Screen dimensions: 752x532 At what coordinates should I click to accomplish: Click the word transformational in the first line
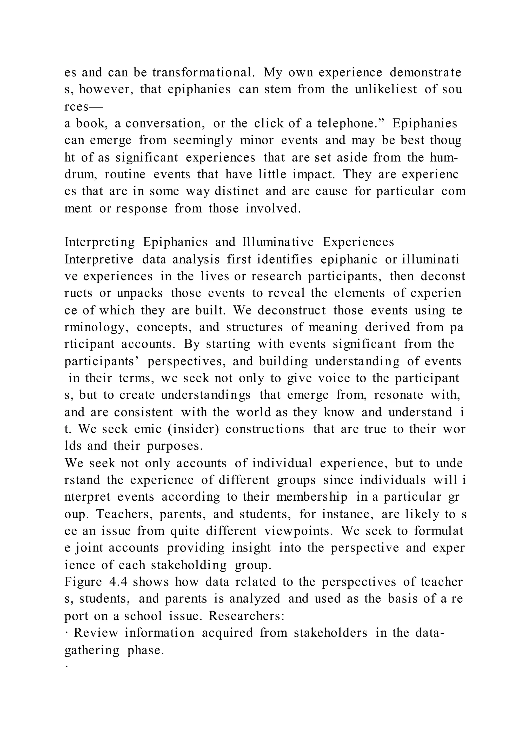tap(203, 72)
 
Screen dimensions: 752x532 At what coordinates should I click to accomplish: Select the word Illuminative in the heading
tap(278, 242)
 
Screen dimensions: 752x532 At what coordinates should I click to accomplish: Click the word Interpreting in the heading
tap(99, 242)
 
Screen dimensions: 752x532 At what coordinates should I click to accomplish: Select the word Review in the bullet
tap(96, 633)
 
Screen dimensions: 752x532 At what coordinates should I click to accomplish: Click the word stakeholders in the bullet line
tap(330, 633)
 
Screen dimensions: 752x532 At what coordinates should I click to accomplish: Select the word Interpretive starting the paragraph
tap(99, 259)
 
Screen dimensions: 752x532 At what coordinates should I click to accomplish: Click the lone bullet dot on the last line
tap(66, 667)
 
